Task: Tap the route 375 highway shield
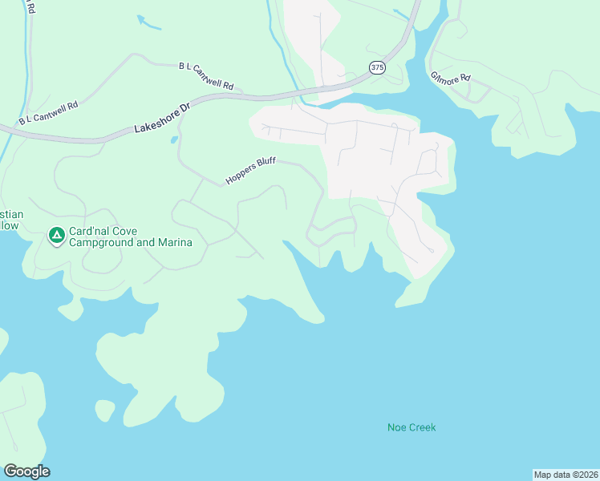[x=378, y=68]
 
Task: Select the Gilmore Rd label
[x=450, y=79]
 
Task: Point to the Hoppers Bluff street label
[x=250, y=171]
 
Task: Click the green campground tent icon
[x=56, y=236]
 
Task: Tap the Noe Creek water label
[x=411, y=427]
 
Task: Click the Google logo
[x=26, y=471]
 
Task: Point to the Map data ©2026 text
[x=566, y=474]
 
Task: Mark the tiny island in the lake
[x=104, y=410]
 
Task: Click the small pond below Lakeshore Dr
[x=174, y=140]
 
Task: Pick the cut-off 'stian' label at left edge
[x=11, y=215]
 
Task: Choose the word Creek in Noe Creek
[x=422, y=427]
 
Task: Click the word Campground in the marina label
[x=101, y=242]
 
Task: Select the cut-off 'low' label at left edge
[x=8, y=226]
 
